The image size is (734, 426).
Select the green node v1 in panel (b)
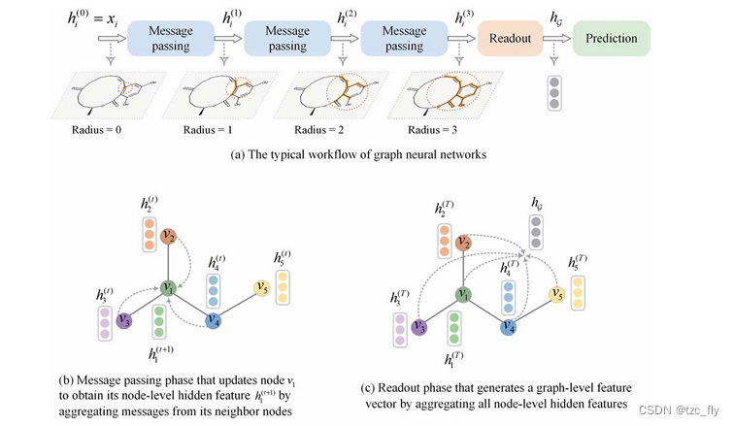(168, 287)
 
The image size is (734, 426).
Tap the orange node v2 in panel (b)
(168, 235)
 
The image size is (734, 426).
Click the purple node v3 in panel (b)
(123, 319)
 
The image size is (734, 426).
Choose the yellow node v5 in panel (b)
(260, 287)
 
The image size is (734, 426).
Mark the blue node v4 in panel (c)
(507, 328)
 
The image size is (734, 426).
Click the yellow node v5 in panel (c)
(556, 295)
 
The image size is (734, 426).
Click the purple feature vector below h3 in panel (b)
(106, 319)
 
